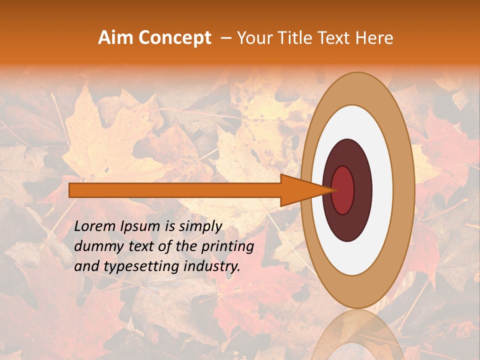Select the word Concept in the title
[x=174, y=38]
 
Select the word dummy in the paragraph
[x=94, y=246]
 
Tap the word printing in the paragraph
[x=227, y=246]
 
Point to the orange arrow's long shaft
[x=175, y=190]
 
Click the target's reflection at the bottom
[x=357, y=335]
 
